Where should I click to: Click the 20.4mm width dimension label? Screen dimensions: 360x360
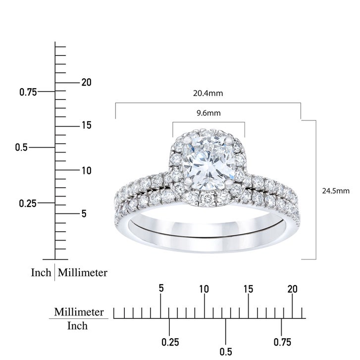[208, 93]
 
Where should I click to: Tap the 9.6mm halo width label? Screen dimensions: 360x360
[208, 113]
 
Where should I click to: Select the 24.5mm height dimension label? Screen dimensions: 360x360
[336, 191]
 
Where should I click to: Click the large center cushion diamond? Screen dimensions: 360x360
[208, 162]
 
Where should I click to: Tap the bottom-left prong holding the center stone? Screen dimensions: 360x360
[189, 181]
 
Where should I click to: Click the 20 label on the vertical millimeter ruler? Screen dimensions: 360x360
[86, 82]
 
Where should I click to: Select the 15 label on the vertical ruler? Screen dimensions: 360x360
[87, 125]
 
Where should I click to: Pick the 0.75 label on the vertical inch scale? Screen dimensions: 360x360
[28, 92]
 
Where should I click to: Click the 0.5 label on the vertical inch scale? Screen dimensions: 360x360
[21, 148]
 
